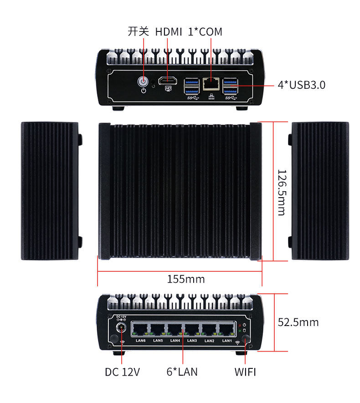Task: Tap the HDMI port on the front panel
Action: point(168,81)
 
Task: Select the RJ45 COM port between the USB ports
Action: point(211,83)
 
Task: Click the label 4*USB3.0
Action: point(301,85)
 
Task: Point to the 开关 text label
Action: point(139,31)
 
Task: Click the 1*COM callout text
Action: point(205,32)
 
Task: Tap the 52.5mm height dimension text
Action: point(298,322)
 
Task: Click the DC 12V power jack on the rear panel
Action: point(121,328)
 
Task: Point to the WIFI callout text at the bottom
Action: point(245,372)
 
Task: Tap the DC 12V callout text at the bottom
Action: point(122,372)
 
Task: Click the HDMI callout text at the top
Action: point(168,32)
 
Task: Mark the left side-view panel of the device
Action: point(50,191)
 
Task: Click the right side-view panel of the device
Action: point(319,191)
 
